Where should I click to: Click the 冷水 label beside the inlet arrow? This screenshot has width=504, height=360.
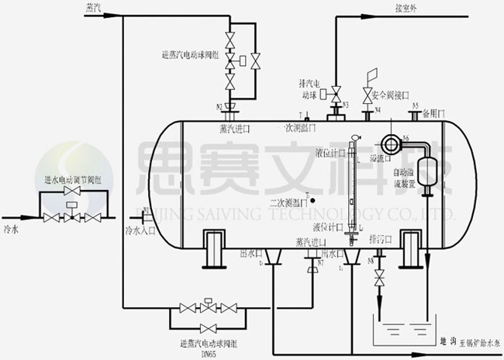11,230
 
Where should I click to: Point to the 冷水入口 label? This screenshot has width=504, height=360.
141,230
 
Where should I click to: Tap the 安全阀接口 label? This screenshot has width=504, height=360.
391,95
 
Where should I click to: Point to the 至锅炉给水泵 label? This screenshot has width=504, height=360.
475,340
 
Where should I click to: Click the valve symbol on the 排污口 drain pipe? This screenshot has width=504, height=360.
379,280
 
